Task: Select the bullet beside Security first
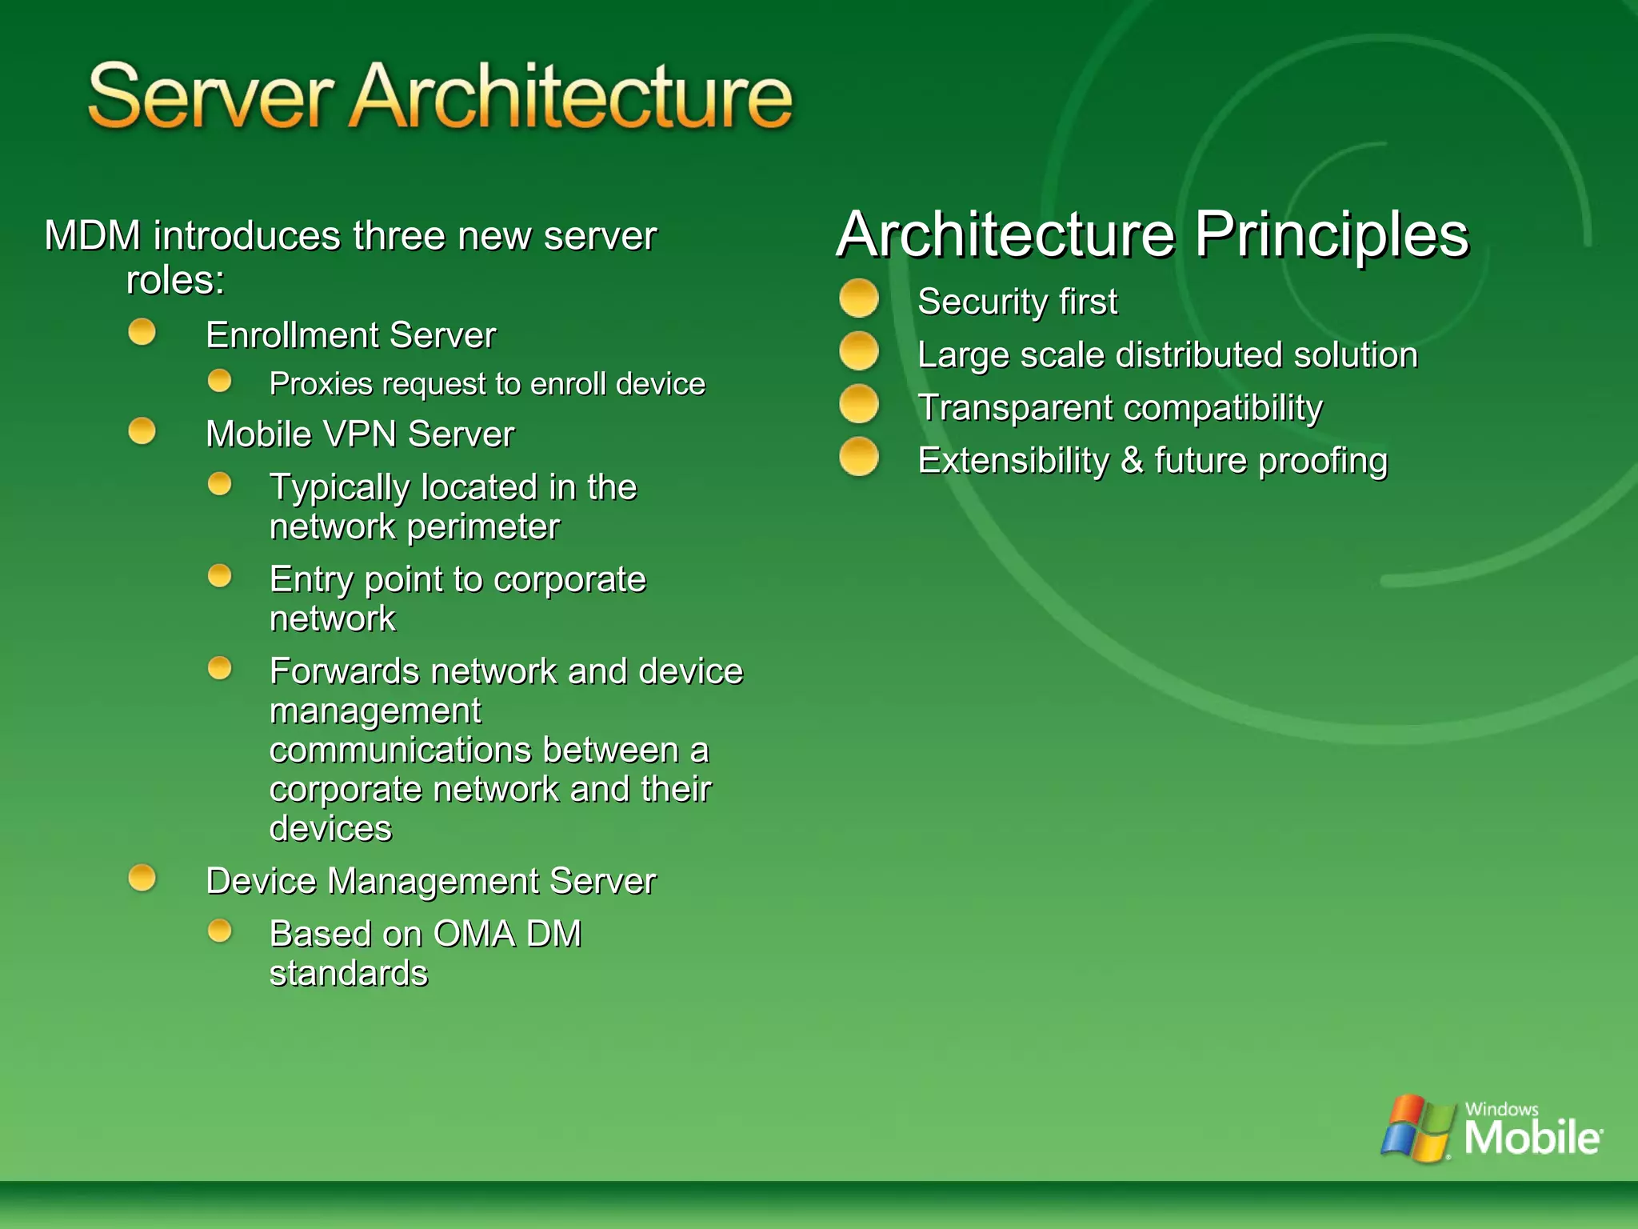[859, 298]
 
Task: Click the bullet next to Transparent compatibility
[859, 404]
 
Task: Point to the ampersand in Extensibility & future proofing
[1132, 461]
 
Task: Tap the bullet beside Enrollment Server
[142, 332]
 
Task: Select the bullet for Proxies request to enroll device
[220, 381]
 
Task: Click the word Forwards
[344, 671]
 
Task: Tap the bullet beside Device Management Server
[142, 878]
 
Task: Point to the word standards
[349, 974]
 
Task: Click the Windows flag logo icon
[1417, 1128]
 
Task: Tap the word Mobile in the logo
[1532, 1137]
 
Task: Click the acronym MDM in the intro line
[93, 236]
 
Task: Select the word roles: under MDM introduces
[175, 280]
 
